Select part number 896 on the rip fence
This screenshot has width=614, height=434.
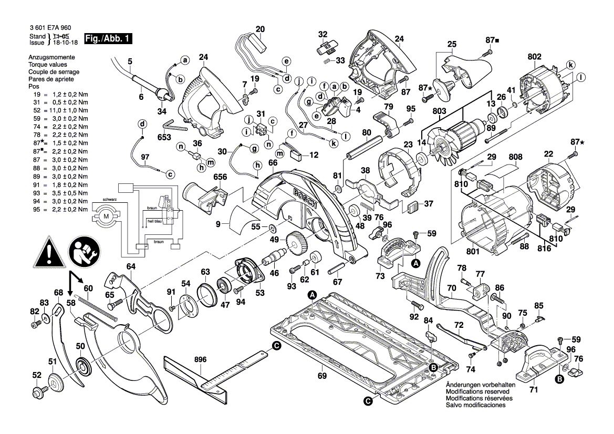201,360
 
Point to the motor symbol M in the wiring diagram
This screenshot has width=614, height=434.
107,216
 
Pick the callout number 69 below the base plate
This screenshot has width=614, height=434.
322,376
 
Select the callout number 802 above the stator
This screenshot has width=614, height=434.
535,56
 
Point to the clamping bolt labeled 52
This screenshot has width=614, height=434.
38,391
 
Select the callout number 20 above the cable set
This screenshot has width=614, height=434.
261,29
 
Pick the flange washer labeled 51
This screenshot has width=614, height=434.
56,381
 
